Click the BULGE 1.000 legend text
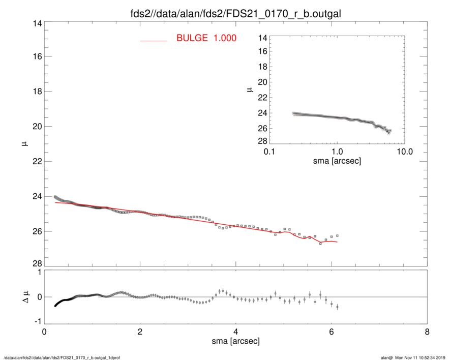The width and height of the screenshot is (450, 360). point(206,38)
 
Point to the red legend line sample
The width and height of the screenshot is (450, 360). point(153,40)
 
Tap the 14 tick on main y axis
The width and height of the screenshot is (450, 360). point(36,23)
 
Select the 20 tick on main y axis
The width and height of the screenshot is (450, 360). point(36,127)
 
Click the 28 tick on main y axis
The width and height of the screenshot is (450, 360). point(36,263)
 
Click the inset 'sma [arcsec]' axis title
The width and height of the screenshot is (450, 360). point(337,161)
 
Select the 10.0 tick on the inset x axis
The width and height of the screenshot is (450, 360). point(404,152)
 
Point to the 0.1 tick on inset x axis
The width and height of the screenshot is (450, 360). point(269,152)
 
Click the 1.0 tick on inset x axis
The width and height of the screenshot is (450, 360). point(337,152)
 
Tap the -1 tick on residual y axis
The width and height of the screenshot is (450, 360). point(36,322)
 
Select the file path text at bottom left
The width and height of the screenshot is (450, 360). point(62,357)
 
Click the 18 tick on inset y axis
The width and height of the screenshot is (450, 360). point(263,67)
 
